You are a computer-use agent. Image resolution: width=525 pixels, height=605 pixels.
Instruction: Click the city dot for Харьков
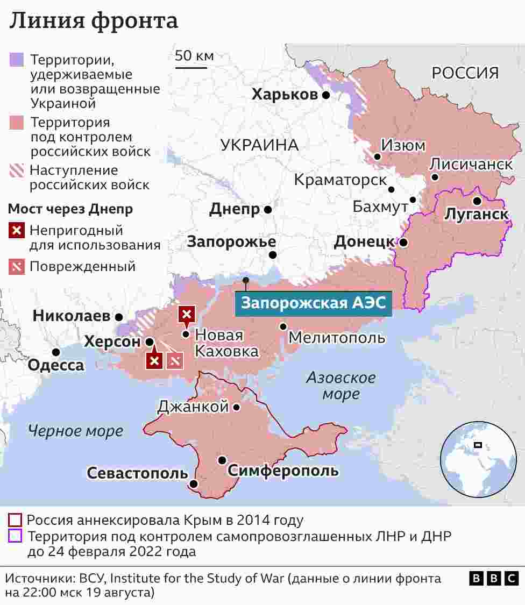pyautogui.click(x=326, y=95)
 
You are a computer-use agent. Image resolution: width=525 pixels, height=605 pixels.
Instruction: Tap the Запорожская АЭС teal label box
pyautogui.click(x=313, y=303)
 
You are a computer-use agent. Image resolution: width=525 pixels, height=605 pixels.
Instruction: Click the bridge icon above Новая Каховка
pyautogui.click(x=186, y=314)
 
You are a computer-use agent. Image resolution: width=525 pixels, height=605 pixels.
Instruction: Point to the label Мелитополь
pyautogui.click(x=337, y=338)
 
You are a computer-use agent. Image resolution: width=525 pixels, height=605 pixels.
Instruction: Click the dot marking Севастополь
pyautogui.click(x=194, y=484)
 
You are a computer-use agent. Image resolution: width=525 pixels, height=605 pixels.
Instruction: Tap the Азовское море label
pyautogui.click(x=340, y=386)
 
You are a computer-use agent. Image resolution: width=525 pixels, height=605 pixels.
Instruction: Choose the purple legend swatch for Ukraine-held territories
pyautogui.click(x=17, y=59)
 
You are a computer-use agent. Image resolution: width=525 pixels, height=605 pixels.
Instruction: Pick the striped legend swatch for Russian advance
pyautogui.click(x=17, y=171)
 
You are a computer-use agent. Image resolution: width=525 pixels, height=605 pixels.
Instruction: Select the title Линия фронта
pyautogui.click(x=94, y=20)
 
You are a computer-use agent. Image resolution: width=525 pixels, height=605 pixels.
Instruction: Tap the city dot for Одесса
pyautogui.click(x=56, y=352)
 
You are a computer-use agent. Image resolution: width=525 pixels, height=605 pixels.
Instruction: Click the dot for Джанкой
pyautogui.click(x=236, y=408)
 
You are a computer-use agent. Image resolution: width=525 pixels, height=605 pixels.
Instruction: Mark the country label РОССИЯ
pyautogui.click(x=465, y=73)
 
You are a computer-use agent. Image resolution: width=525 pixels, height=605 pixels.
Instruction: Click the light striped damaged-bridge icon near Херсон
pyautogui.click(x=175, y=361)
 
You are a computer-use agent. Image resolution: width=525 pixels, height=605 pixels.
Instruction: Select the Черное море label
pyautogui.click(x=75, y=431)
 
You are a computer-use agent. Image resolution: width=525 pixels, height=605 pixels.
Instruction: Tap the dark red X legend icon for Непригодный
pyautogui.click(x=17, y=231)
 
